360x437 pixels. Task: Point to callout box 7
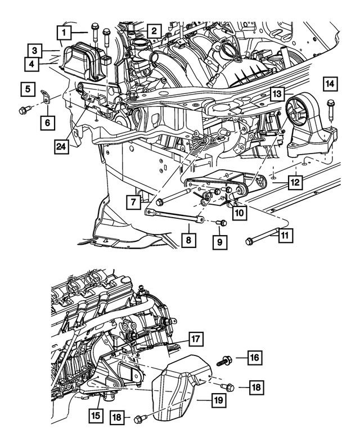(x=133, y=201)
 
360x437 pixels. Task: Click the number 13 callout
(x=276, y=93)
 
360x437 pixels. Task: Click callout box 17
(x=195, y=339)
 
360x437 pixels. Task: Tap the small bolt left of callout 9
(x=221, y=223)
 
